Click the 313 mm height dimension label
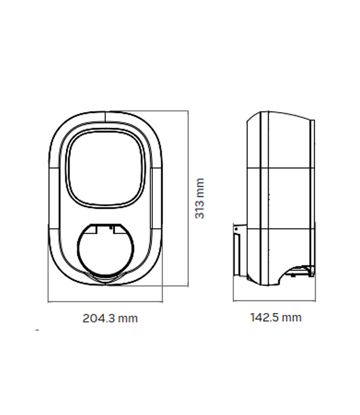(x=199, y=198)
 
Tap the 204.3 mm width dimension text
(x=110, y=318)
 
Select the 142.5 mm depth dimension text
(x=275, y=317)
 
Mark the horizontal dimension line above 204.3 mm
(x=105, y=302)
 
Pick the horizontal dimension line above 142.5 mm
(x=274, y=302)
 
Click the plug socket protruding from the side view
(x=238, y=251)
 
